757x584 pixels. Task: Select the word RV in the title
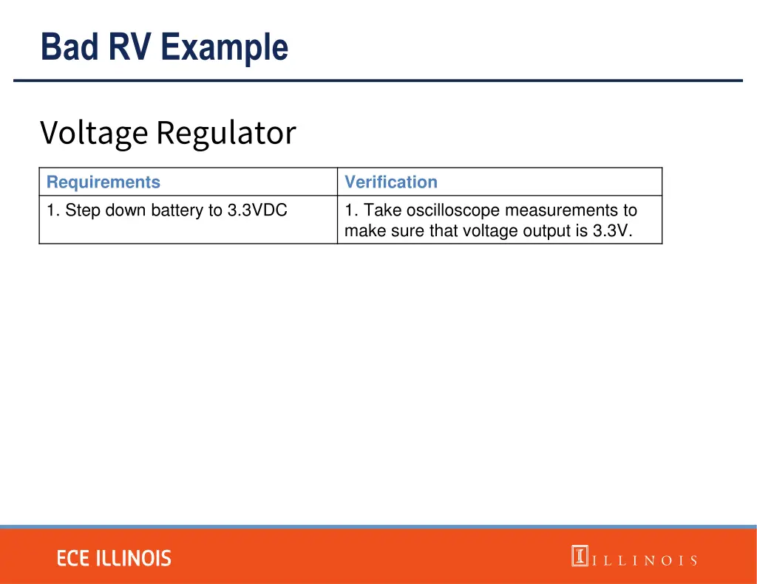[132, 47]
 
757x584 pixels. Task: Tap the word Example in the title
[224, 47]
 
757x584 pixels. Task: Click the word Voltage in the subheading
[94, 134]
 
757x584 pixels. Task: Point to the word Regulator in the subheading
[225, 134]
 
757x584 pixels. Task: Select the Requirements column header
[103, 182]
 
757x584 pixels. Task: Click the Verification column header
[391, 182]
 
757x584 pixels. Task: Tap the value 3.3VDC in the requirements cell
[257, 210]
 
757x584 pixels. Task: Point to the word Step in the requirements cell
[84, 210]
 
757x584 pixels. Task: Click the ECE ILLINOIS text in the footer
[115, 558]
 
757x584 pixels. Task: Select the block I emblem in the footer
[580, 555]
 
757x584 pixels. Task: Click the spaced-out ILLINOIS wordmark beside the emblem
[644, 560]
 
